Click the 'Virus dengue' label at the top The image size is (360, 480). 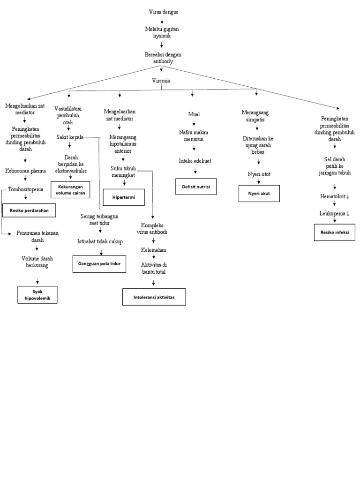163,12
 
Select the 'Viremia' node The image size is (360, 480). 161,81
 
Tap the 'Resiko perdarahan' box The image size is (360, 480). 29,210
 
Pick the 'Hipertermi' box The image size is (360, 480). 124,197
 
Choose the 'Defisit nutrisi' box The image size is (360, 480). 196,186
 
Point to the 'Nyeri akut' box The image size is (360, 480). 259,193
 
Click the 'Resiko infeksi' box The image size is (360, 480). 334,232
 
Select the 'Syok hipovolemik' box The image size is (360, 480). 37,294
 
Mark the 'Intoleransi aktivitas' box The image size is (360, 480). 154,297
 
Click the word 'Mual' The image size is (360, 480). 194,114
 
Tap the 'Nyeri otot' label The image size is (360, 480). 259,174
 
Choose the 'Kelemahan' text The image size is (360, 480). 153,250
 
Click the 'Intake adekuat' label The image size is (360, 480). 195,161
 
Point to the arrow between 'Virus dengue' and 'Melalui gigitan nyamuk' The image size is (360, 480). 162,21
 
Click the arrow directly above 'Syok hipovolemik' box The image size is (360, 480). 37,280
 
